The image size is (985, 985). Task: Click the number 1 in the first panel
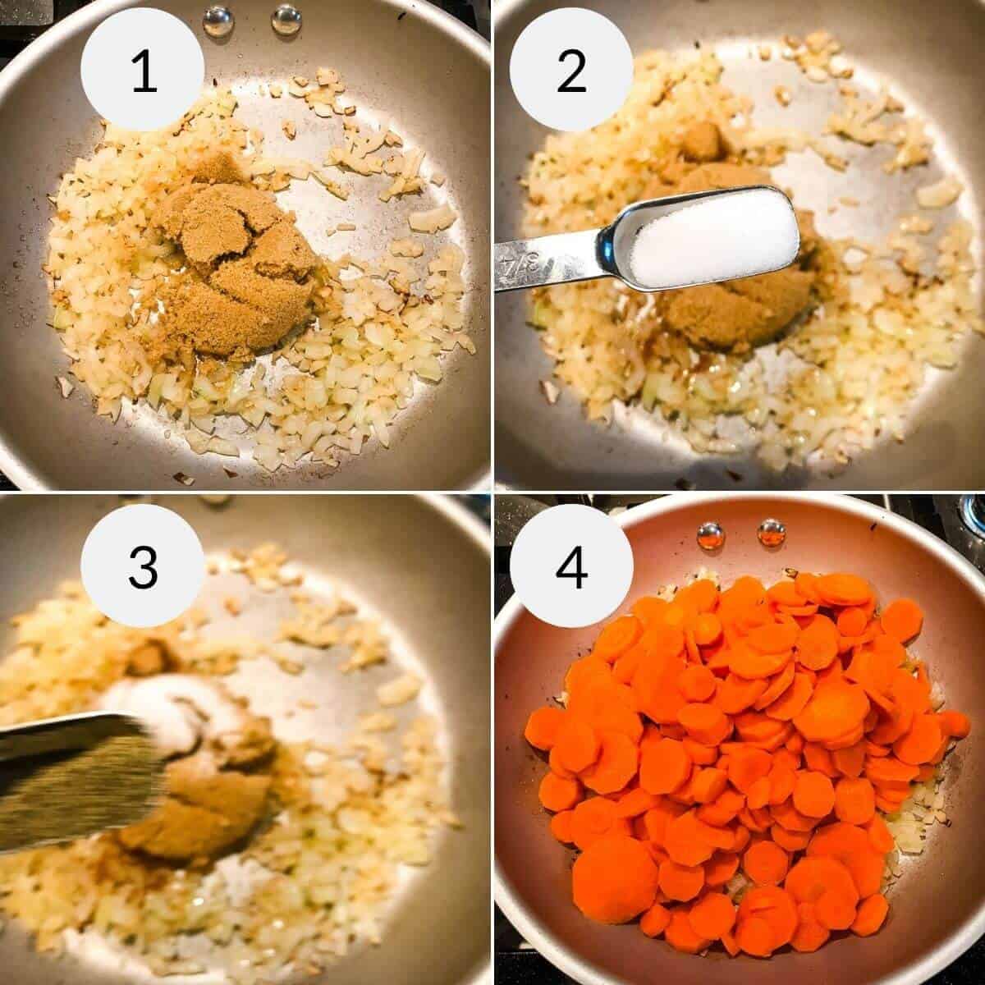coord(143,72)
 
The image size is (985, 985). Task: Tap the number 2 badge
coord(571,72)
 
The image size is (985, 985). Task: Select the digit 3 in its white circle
coord(143,566)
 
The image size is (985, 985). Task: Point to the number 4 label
coord(571,566)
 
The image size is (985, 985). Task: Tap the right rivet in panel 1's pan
coord(285,18)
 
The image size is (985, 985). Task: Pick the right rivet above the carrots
coord(771,532)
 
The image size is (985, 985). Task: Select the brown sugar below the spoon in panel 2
coord(722,320)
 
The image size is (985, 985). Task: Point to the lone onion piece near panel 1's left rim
coord(64,383)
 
